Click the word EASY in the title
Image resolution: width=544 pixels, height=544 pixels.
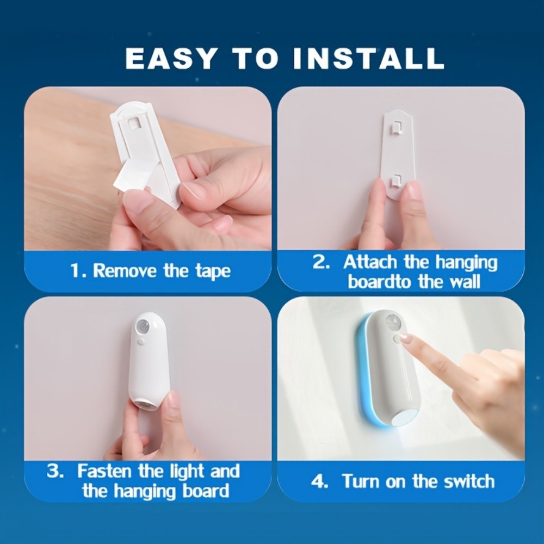pyautogui.click(x=170, y=58)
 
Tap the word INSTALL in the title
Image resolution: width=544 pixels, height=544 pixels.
pyautogui.click(x=368, y=58)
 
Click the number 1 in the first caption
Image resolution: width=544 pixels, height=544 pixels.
pyautogui.click(x=75, y=270)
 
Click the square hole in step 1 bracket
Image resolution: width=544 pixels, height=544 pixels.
pyautogui.click(x=132, y=123)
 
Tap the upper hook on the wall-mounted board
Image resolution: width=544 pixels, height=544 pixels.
pyautogui.click(x=396, y=127)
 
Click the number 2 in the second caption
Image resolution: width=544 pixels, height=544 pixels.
pyautogui.click(x=319, y=262)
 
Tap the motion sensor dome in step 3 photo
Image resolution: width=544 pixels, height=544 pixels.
pyautogui.click(x=143, y=326)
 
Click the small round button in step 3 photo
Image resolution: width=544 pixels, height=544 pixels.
pyautogui.click(x=140, y=342)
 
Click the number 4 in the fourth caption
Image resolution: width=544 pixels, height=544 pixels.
pyautogui.click(x=318, y=481)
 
